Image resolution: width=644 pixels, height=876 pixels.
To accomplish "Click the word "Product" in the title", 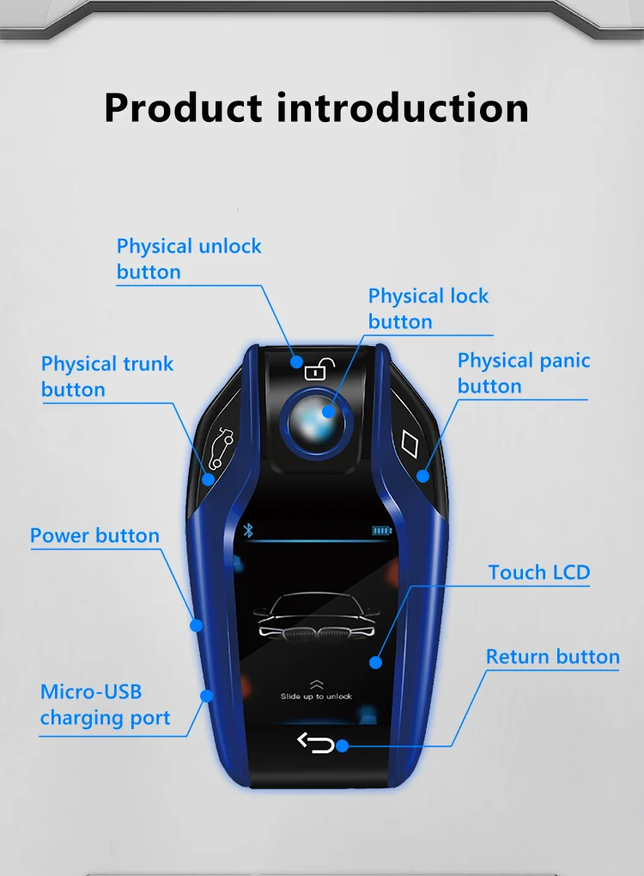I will click(183, 108).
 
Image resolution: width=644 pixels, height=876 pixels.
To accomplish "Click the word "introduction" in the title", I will click(403, 108).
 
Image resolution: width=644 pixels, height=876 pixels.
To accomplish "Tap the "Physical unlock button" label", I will click(189, 259).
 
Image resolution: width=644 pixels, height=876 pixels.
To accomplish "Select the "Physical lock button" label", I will click(428, 308).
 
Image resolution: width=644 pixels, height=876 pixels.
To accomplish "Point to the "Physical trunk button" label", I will click(107, 376).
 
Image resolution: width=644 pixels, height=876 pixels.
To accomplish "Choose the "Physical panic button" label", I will click(524, 373).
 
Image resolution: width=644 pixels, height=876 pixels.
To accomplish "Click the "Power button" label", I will click(94, 536).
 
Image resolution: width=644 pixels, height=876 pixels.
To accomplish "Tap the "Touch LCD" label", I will click(539, 572).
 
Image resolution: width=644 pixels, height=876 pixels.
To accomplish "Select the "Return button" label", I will click(552, 657).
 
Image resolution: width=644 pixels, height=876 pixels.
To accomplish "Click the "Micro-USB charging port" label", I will click(105, 704).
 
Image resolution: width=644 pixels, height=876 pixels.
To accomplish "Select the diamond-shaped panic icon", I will click(412, 445).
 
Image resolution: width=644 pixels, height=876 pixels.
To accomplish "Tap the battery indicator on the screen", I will click(381, 531).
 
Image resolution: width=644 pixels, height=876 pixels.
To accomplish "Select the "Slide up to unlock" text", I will click(316, 697).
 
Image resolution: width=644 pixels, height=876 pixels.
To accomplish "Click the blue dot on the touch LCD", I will click(375, 661).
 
